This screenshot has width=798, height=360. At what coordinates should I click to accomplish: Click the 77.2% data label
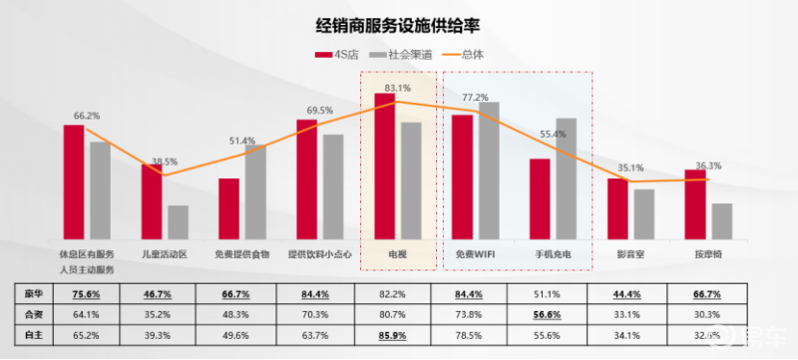tap(476, 97)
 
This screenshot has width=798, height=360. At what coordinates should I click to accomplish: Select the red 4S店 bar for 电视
tap(385, 166)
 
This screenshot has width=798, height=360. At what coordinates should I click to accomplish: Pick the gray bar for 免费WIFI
tap(489, 170)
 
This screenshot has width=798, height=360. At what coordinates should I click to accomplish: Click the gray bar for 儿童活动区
tap(178, 221)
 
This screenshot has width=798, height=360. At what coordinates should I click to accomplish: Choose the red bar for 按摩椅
tap(695, 203)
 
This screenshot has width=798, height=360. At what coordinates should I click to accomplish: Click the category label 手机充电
tap(554, 254)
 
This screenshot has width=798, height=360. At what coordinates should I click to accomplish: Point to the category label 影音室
tap(631, 254)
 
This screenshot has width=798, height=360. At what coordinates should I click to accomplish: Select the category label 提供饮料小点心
tap(319, 254)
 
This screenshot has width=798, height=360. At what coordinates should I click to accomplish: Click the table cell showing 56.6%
tap(554, 315)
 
